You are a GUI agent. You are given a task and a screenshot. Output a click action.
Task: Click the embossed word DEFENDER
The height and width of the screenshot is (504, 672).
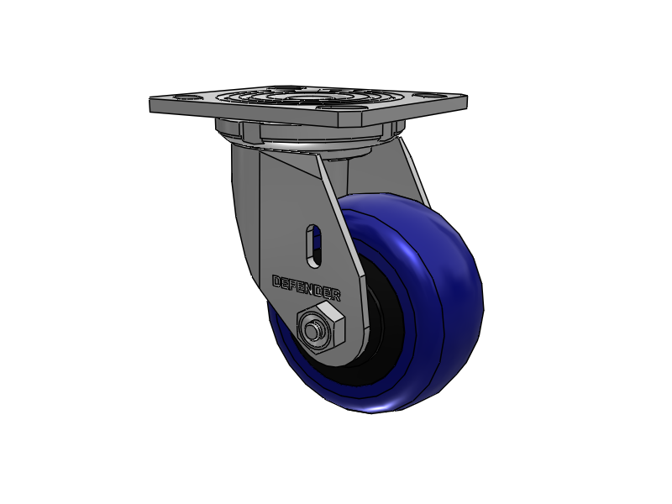(x=307, y=287)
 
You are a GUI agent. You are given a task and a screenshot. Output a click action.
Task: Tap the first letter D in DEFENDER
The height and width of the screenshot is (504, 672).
(x=276, y=281)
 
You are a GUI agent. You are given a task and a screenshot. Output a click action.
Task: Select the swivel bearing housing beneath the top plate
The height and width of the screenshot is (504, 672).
(x=307, y=134)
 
